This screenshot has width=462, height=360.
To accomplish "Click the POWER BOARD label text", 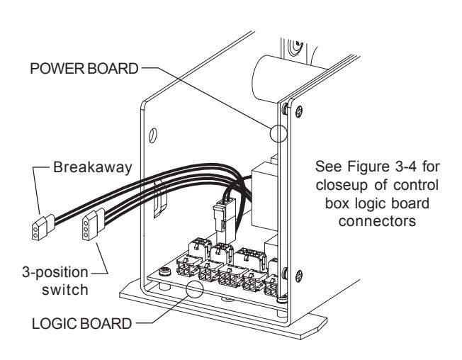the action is point(84,68).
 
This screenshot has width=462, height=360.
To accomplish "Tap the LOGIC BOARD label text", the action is point(81,323).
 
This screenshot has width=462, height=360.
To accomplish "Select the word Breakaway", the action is point(93,167).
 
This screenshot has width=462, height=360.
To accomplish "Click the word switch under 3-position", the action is point(65,289).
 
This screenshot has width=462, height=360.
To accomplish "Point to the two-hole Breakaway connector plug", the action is point(43,227).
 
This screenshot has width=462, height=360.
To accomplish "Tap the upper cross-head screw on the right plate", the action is point(298,111).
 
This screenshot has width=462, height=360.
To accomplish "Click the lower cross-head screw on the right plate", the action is point(298,276).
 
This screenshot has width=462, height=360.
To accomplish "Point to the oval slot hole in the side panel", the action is point(152,135).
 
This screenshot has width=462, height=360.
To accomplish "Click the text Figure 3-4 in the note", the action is point(382,167).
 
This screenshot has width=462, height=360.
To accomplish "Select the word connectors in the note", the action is point(377,220).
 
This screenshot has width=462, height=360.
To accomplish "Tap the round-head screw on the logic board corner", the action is point(165,271).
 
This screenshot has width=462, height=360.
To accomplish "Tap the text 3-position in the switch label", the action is point(55,273).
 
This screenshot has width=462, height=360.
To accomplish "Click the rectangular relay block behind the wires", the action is point(264,198).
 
